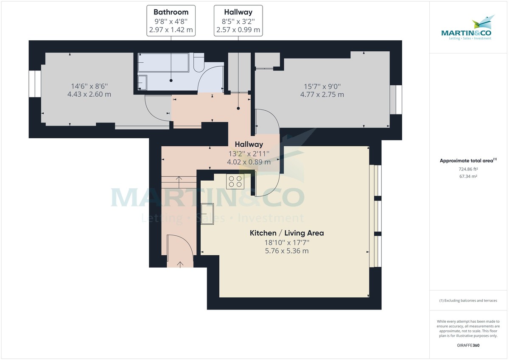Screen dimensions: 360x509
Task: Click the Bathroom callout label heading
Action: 171,12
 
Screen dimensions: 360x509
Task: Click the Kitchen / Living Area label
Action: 287,233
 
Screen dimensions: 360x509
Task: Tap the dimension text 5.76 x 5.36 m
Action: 287,251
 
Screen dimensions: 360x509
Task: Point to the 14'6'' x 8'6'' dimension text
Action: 89,85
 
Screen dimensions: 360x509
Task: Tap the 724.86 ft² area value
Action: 468,169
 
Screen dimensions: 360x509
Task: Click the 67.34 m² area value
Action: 468,176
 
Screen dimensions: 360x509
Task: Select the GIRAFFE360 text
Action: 468,345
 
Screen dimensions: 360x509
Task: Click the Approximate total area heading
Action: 468,161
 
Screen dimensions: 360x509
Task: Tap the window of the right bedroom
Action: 396,100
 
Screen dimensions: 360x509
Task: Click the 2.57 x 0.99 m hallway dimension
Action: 238,30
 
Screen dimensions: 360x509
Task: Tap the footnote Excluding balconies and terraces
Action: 468,300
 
